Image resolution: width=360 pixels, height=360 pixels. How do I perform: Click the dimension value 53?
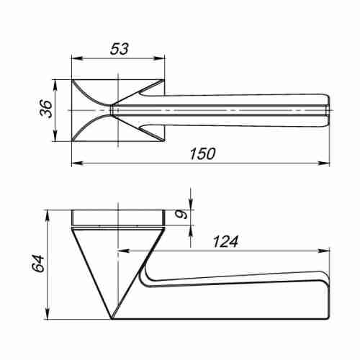pyautogui.click(x=120, y=49)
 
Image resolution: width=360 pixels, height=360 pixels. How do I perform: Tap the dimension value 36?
pyautogui.click(x=46, y=109)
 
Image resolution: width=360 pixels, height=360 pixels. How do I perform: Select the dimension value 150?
pyautogui.click(x=203, y=154)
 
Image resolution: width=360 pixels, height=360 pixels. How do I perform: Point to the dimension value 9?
pyautogui.click(x=183, y=215)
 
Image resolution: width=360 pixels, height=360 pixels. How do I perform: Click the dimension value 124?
pyautogui.click(x=225, y=241)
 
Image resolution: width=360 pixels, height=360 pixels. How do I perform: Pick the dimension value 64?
pyautogui.click(x=39, y=264)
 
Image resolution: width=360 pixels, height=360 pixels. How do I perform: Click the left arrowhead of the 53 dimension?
pyautogui.click(x=77, y=58)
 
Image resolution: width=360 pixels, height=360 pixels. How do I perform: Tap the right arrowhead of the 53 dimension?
pyautogui.click(x=159, y=58)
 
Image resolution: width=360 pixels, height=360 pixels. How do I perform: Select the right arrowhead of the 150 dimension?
pyautogui.click(x=324, y=163)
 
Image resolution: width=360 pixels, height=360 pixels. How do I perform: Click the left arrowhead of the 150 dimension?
pyautogui.click(x=77, y=163)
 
